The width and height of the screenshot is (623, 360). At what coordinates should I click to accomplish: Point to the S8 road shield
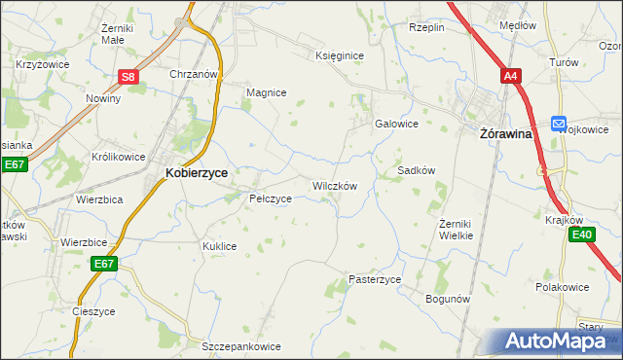(x=129, y=77)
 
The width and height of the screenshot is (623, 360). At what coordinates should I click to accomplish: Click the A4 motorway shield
(x=511, y=75)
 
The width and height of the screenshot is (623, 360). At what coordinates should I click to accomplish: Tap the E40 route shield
(x=582, y=234)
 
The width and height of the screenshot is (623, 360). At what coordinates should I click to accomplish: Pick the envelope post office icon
(x=558, y=123)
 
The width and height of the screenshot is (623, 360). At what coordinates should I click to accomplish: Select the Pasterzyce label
(x=375, y=279)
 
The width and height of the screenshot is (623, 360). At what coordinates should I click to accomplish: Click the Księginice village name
(x=340, y=55)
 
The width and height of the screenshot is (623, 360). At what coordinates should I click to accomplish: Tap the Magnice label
(x=266, y=92)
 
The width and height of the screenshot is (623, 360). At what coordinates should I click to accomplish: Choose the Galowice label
(x=397, y=124)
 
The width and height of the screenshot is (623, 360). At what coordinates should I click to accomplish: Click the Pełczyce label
(x=271, y=198)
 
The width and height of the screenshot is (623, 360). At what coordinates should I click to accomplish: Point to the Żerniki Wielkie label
(x=456, y=230)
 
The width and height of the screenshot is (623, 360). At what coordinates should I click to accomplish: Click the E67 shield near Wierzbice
(x=105, y=264)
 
